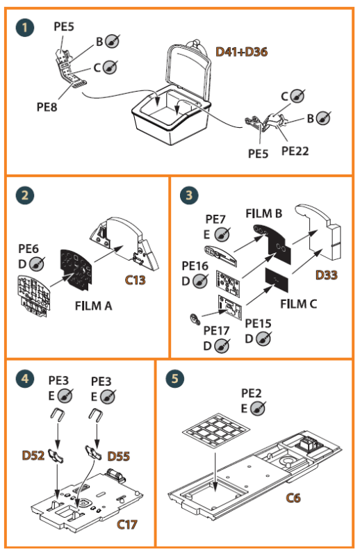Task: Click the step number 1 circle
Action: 25,28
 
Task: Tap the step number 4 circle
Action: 25,378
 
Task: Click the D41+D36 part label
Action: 242,51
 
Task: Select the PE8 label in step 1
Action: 47,107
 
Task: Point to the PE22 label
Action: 295,151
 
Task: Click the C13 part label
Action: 135,280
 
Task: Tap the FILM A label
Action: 93,306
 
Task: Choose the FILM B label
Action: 264,213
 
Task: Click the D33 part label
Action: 327,275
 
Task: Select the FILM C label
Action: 298,304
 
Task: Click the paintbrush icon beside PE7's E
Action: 222,234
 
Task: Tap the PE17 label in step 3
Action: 216,331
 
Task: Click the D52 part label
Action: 33,455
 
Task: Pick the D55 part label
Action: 118,456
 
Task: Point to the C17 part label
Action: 127,525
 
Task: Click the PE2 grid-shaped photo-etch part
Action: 215,429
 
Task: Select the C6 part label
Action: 293,498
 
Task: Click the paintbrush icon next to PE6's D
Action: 37,264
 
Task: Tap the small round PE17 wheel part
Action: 195,319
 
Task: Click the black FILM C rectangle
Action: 277,280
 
